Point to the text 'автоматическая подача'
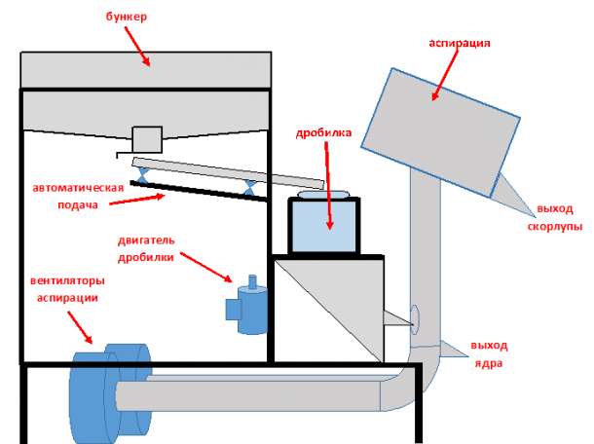point(78,194)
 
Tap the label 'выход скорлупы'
point(558,217)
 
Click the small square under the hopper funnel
point(146,137)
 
